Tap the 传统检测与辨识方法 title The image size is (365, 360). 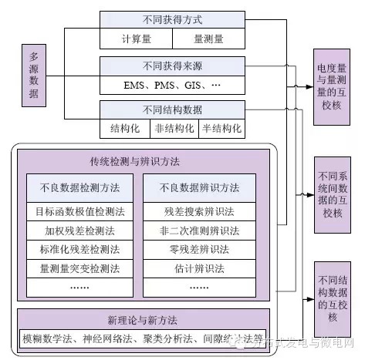pos(143,161)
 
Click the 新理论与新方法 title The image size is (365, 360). pos(143,320)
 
